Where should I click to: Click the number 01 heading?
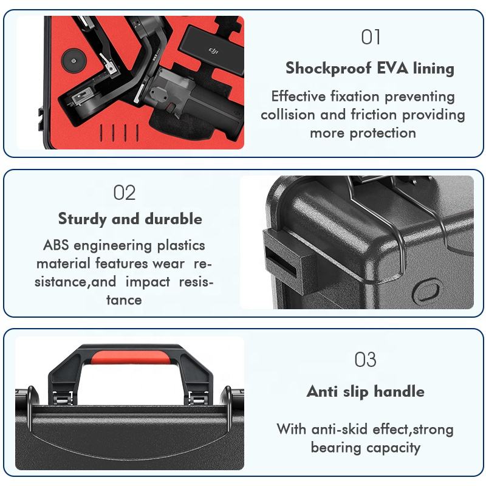pyautogui.click(x=371, y=37)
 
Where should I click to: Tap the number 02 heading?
pyautogui.click(x=125, y=193)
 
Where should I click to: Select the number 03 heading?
pyautogui.click(x=366, y=360)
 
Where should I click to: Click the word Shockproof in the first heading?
pyautogui.click(x=328, y=68)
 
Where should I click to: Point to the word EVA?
pyautogui.click(x=392, y=67)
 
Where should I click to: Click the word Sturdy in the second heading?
pyautogui.click(x=82, y=219)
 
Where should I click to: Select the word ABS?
pyautogui.click(x=56, y=245)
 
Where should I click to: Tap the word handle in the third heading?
pyautogui.click(x=399, y=391)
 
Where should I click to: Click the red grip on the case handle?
pyautogui.click(x=131, y=357)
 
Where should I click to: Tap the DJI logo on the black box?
pyautogui.click(x=213, y=50)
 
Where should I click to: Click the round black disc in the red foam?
pyautogui.click(x=74, y=60)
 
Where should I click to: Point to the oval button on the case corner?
pyautogui.click(x=427, y=291)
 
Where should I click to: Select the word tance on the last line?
pyautogui.click(x=124, y=300)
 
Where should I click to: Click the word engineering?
pyautogui.click(x=113, y=246)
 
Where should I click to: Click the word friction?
pyautogui.click(x=374, y=115)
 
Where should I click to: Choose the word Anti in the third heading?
pyautogui.click(x=321, y=391)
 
